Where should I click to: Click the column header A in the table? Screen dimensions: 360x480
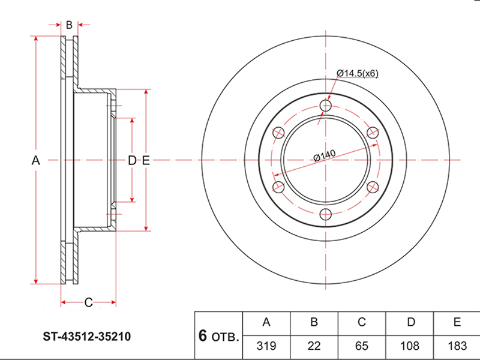tap(266, 323)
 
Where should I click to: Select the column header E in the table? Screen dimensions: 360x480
tap(457, 323)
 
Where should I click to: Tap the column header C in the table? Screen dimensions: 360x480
tap(362, 323)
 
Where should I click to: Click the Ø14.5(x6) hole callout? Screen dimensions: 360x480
tap(358, 73)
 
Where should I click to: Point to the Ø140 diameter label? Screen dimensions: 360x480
tap(324, 157)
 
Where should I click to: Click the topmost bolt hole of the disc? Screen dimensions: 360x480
tap(326, 106)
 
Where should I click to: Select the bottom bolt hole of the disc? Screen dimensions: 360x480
tap(326, 215)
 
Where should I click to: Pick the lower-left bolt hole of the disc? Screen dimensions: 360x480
tap(278, 188)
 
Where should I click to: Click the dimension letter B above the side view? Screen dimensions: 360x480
tap(69, 25)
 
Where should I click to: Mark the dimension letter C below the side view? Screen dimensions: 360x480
tap(88, 302)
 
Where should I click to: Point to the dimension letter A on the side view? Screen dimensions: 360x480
tap(35, 160)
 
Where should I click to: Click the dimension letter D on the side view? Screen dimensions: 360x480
tap(133, 160)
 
